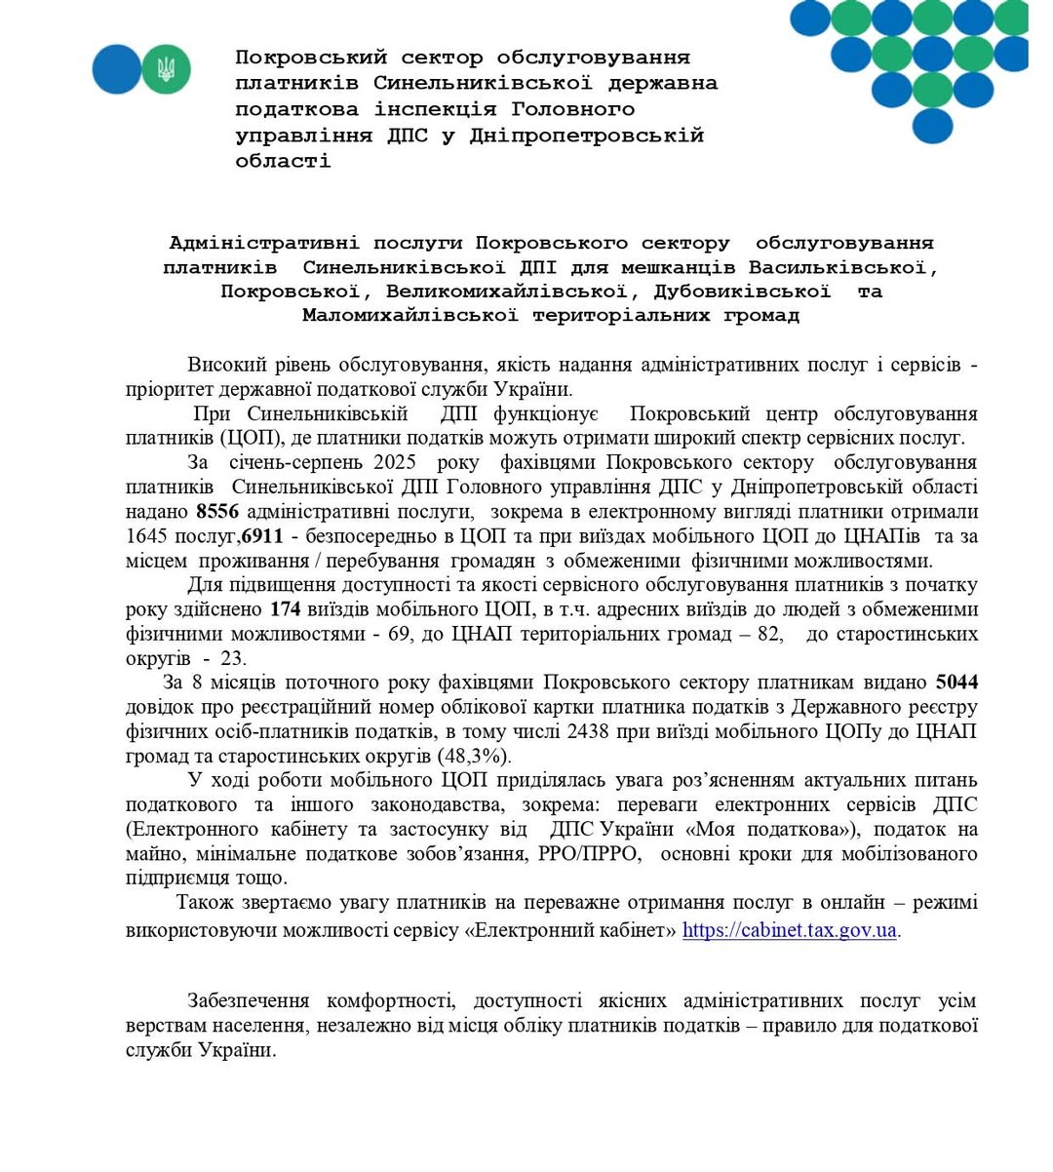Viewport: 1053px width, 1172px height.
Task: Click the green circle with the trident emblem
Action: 166,69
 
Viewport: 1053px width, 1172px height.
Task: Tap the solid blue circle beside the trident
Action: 116,69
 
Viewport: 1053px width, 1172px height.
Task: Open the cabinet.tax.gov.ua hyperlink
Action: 789,929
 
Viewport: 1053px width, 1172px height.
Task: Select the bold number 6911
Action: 262,535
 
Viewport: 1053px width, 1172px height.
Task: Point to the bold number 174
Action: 286,608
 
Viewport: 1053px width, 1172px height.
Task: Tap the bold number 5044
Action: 956,682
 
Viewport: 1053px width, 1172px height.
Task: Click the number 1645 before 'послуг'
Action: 147,535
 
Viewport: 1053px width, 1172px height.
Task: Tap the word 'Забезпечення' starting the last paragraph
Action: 249,1000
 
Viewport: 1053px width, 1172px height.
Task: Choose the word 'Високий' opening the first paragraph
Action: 221,365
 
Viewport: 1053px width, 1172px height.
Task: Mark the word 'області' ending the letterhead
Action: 283,161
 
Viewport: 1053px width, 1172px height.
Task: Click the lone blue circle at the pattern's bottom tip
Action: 932,125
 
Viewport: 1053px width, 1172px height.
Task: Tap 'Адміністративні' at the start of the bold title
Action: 263,242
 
